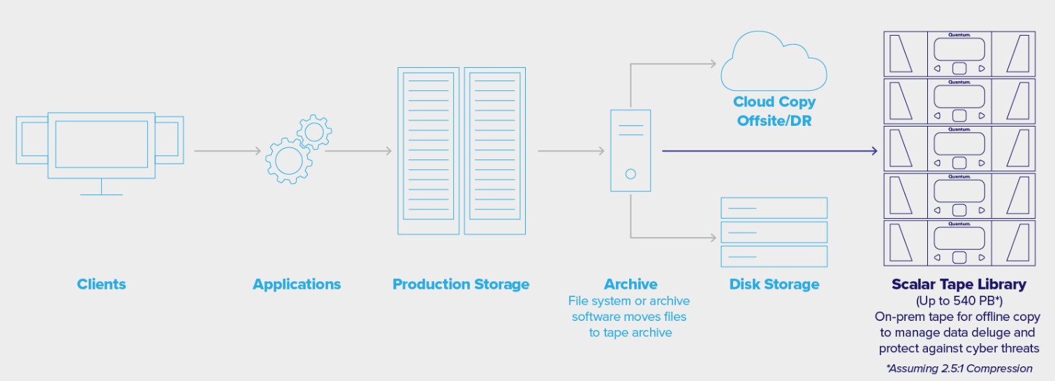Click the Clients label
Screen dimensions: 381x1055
coord(101,285)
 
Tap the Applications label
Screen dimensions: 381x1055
coord(297,285)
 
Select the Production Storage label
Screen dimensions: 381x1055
coord(461,285)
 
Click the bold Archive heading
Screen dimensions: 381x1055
coord(630,285)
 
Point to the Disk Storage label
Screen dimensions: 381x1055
coord(774,285)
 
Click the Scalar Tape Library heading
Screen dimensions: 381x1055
coord(959,285)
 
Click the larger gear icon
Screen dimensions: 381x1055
coord(287,161)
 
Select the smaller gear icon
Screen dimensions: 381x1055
coord(313,131)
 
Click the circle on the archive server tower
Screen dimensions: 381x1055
coord(630,173)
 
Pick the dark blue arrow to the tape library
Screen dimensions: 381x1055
coord(768,150)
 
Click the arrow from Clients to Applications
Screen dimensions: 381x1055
coord(228,150)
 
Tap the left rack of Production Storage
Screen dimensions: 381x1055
coord(428,151)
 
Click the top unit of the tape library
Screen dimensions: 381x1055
coord(959,53)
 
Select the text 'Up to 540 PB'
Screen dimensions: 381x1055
coord(959,301)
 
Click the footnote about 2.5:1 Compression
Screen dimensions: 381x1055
coord(959,368)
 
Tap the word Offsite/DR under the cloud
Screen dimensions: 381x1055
coord(774,120)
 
